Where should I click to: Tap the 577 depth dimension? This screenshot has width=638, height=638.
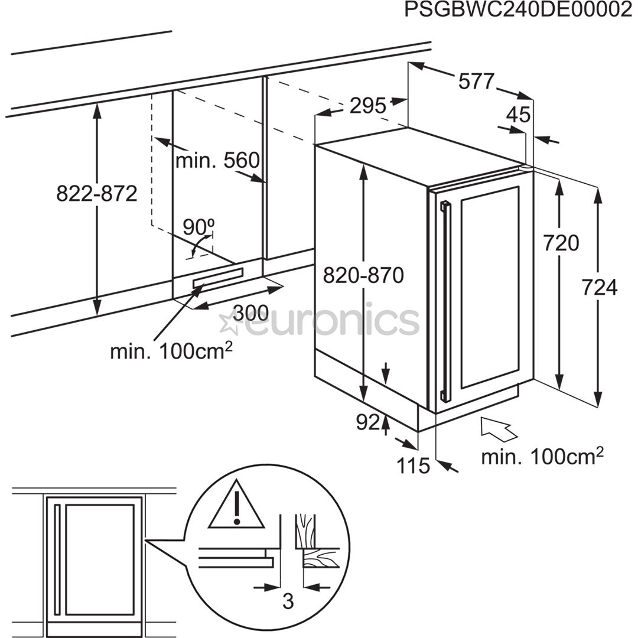476,82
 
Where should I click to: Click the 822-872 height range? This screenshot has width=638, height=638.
97,193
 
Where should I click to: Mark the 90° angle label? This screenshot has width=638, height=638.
198,226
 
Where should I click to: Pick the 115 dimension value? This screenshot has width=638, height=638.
413,466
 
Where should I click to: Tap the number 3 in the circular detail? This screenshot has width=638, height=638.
288,602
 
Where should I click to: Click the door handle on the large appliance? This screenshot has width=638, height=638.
444,301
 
